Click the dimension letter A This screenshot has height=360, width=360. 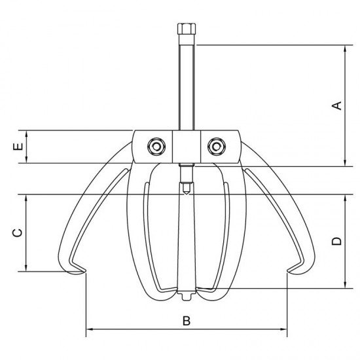pos(337,105)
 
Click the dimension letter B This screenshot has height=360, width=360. pos(187,321)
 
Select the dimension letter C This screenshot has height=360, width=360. pos(18,232)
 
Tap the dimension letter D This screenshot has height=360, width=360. pos(337,242)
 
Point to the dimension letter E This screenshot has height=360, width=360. pos(18,147)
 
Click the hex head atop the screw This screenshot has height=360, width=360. pos(187,29)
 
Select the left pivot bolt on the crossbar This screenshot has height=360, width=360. pos(156,146)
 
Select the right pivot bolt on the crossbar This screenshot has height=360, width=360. pos(217,146)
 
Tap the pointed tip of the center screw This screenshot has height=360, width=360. pos(187,194)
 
